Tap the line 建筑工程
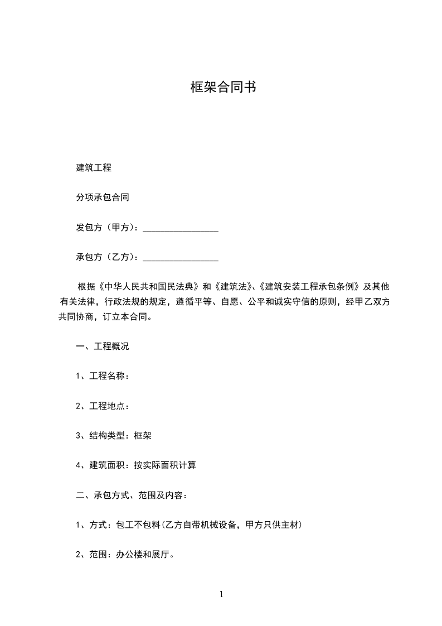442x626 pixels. coord(94,167)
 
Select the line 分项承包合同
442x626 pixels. coord(103,198)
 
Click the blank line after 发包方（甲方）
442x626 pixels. coord(181,228)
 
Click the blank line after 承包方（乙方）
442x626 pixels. coord(181,258)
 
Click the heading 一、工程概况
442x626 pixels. coord(103,346)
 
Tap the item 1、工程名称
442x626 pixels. coord(103,376)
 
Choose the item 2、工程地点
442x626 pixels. coord(103,406)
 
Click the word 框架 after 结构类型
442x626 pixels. coord(143,436)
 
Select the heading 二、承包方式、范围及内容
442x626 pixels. coord(132,495)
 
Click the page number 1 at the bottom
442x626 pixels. coord(221,595)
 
